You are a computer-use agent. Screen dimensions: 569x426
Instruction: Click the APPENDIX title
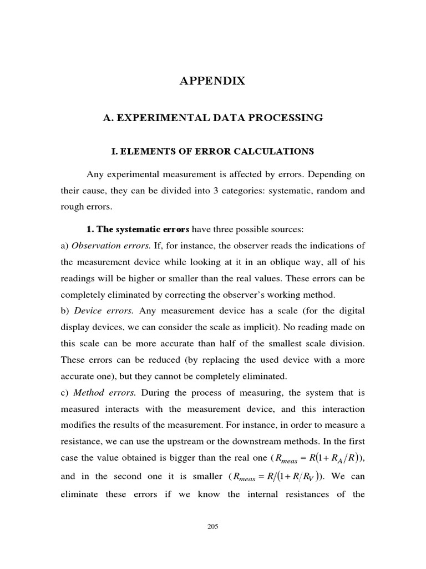[212, 81]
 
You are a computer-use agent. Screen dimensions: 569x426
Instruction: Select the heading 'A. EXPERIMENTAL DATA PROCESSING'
[213, 118]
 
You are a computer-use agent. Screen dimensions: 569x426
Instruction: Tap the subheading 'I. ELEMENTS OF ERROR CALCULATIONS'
[212, 151]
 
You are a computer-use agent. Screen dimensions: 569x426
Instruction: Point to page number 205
[213, 527]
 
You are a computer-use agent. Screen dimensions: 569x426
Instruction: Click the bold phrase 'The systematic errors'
[144, 229]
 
